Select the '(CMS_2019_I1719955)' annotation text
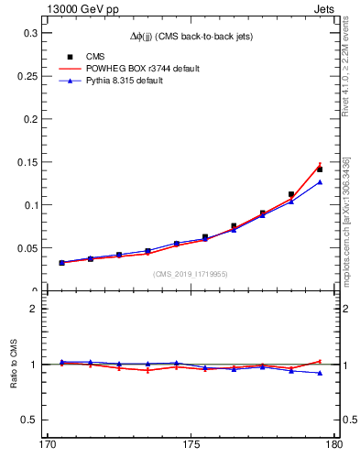[191, 274]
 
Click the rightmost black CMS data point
[320, 169]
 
